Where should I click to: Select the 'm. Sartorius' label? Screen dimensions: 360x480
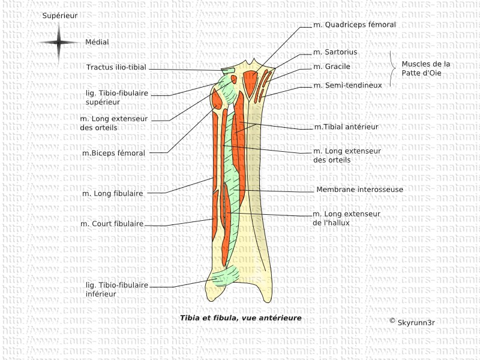(335, 52)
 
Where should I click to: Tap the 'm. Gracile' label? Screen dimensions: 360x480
(332, 67)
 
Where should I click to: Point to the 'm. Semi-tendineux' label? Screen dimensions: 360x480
(347, 86)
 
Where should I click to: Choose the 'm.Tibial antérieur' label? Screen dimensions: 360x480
(346, 127)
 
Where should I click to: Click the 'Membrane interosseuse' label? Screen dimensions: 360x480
(359, 190)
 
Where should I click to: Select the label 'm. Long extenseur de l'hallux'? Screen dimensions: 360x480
(346, 218)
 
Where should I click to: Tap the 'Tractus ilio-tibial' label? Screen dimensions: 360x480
(116, 67)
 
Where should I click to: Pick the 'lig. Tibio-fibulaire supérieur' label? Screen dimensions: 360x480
(117, 98)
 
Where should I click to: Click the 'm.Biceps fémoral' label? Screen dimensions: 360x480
(113, 153)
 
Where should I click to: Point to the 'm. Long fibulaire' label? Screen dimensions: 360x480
(113, 193)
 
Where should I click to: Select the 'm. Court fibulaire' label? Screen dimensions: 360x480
(112, 224)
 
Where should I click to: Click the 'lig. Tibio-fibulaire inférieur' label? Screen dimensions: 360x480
(116, 289)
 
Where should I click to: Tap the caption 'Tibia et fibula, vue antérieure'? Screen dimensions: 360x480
(241, 318)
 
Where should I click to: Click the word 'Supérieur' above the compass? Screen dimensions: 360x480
(59, 14)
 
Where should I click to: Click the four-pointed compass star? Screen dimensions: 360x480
(59, 43)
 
